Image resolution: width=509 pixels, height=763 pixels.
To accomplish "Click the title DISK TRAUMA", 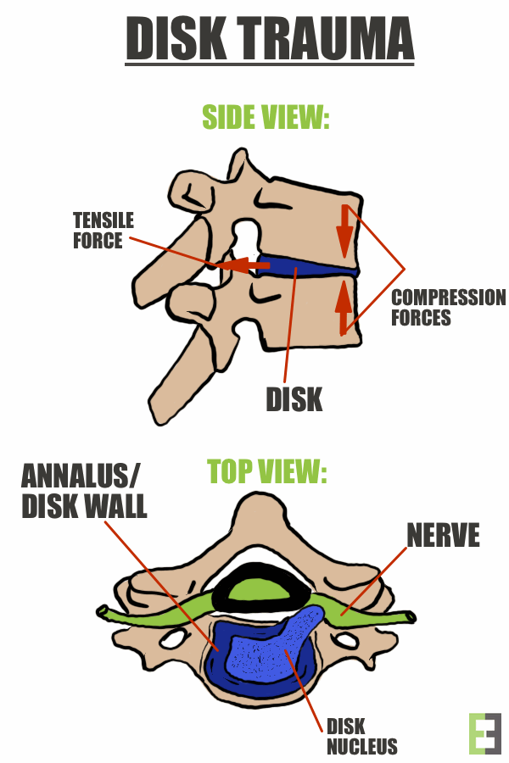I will coord(270,39).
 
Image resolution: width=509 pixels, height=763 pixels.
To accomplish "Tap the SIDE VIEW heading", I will coord(265,117).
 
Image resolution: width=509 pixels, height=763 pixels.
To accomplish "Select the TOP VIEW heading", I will coord(267,472).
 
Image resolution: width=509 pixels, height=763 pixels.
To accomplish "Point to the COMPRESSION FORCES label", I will coord(448,308).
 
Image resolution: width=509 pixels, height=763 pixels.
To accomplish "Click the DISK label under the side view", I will coord(294,398).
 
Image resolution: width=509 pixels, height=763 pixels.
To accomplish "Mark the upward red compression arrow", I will coord(344,308).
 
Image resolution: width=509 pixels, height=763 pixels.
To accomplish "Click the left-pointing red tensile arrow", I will coord(246,265).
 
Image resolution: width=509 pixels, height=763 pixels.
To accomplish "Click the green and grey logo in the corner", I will coord(484,733).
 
